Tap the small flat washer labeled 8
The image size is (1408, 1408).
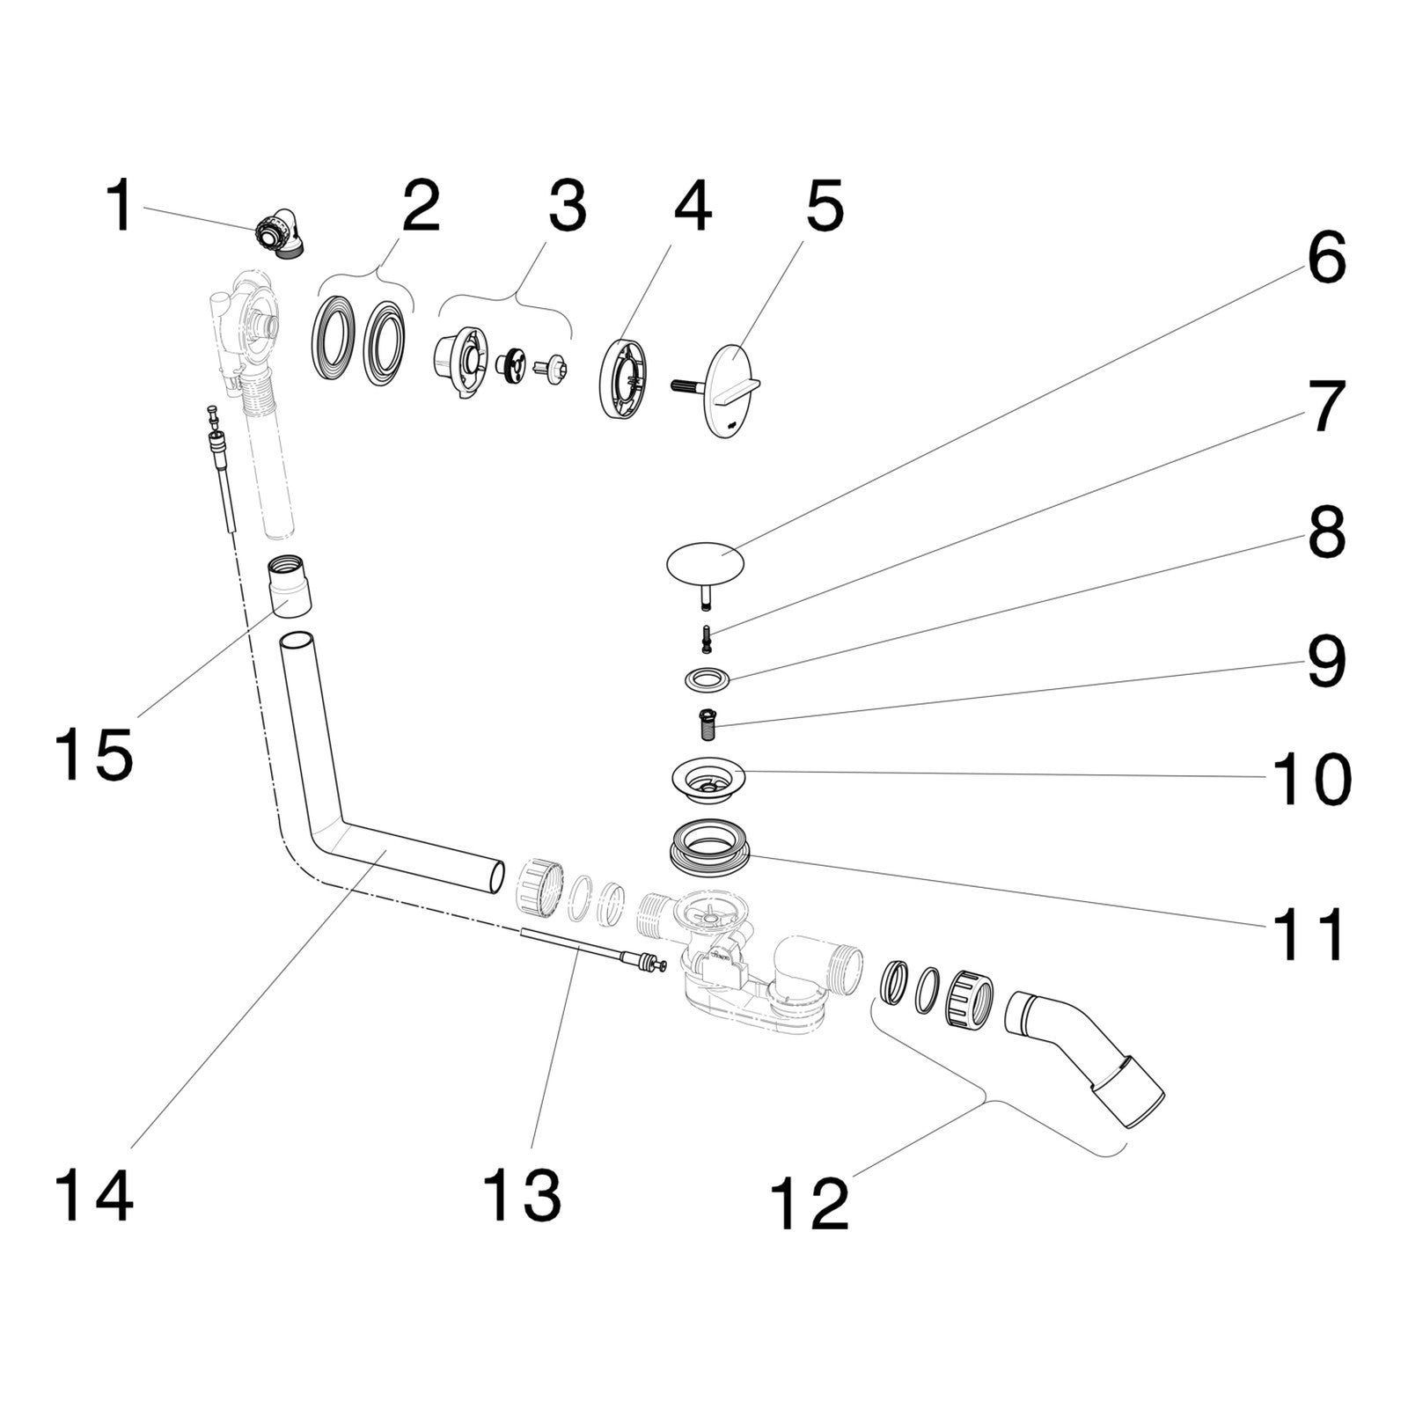point(707,679)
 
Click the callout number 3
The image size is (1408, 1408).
point(566,206)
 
